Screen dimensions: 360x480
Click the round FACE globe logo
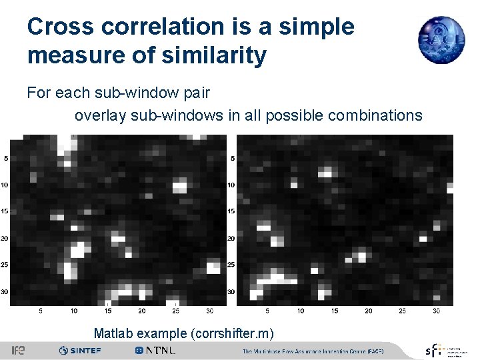click(x=441, y=40)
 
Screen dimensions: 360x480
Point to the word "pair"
click(x=196, y=93)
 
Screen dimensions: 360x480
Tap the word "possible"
click(x=294, y=115)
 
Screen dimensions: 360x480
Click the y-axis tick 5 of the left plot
click(x=6, y=159)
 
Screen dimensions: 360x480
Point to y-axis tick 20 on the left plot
click(x=5, y=238)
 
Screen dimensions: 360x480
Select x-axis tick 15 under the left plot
click(x=107, y=311)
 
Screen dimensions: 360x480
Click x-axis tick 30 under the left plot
click(x=209, y=311)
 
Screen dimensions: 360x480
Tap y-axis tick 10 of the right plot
click(x=231, y=185)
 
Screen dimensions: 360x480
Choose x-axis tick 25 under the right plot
click(x=403, y=311)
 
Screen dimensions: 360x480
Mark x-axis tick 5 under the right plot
click(x=267, y=311)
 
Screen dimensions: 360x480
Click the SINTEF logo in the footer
click(x=80, y=351)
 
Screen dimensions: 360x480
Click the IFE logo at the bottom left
click(x=18, y=351)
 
